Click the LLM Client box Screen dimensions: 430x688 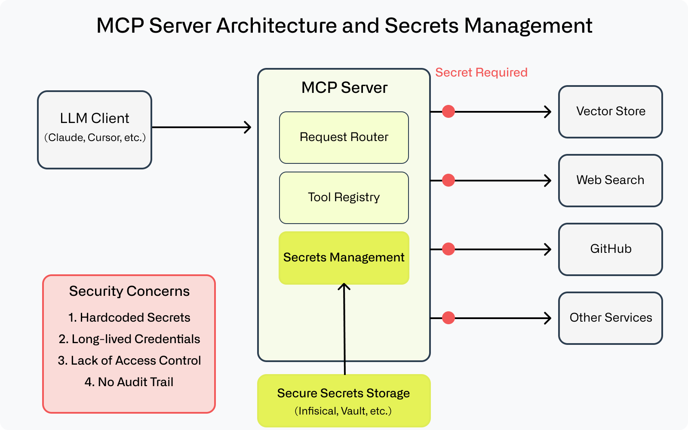click(95, 129)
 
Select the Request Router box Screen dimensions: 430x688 click(344, 138)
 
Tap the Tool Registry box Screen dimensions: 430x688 click(344, 198)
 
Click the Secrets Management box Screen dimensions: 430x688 click(344, 258)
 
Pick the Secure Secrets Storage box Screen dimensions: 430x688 click(344, 400)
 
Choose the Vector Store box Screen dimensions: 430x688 click(610, 112)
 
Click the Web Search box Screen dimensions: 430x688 click(610, 181)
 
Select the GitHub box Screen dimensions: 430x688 click(610, 249)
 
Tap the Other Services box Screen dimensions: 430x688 click(610, 318)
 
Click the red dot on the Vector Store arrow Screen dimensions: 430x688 click(448, 111)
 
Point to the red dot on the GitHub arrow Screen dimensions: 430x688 click(448, 249)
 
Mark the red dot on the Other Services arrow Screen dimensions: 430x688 click(448, 318)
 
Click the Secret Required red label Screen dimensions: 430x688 click(481, 72)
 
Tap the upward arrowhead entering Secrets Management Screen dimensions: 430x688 click(344, 286)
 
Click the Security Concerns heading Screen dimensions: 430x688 click(129, 291)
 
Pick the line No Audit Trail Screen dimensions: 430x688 click(129, 382)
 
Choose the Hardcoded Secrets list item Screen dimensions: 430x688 click(129, 317)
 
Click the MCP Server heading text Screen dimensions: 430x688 click(344, 88)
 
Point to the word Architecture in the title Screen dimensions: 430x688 click(277, 26)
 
